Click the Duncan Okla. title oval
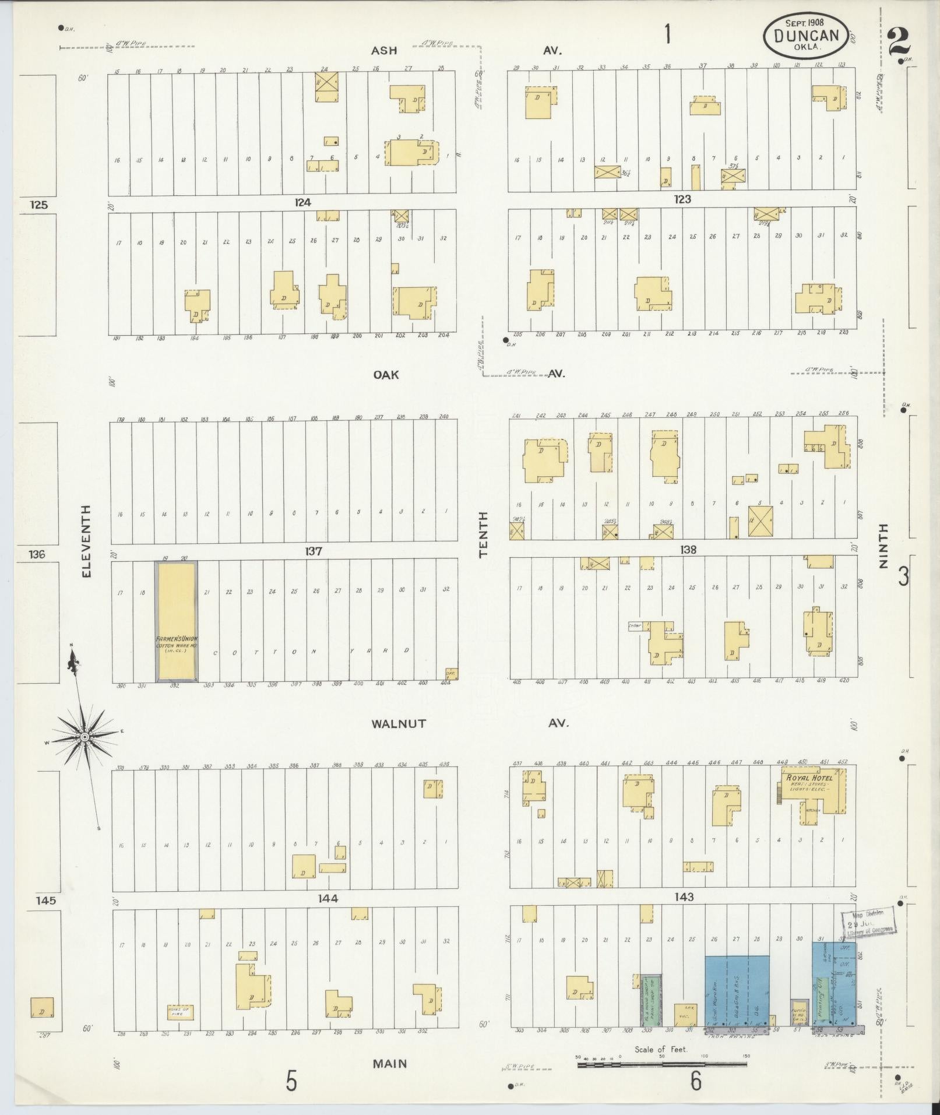pyautogui.click(x=806, y=35)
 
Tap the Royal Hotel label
pyautogui.click(x=809, y=778)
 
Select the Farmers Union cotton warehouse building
pyautogui.click(x=176, y=621)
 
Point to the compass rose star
pyautogui.click(x=85, y=737)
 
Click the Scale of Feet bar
pyautogui.click(x=661, y=1064)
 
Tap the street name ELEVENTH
pyautogui.click(x=86, y=541)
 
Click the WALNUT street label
pyautogui.click(x=399, y=724)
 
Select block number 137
pyautogui.click(x=314, y=551)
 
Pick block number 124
pyautogui.click(x=302, y=202)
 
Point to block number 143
pyautogui.click(x=684, y=897)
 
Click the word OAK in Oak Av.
pyautogui.click(x=386, y=375)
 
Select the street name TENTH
pyautogui.click(x=483, y=534)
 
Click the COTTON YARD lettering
pyautogui.click(x=312, y=652)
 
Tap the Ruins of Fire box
pyautogui.click(x=179, y=1012)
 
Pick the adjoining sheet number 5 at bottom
pyautogui.click(x=291, y=1082)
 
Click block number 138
pyautogui.click(x=684, y=550)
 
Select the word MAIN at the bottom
pyautogui.click(x=390, y=1064)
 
